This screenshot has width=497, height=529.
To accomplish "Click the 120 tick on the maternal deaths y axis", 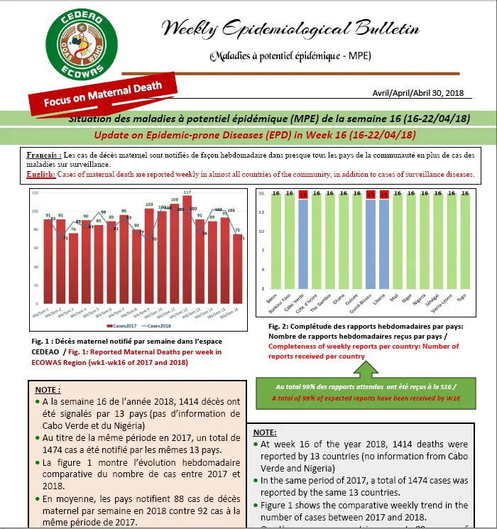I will [x=37, y=192].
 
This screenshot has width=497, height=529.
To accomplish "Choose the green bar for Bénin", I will [x=271, y=241].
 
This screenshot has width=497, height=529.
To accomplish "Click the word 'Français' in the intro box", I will [x=42, y=154].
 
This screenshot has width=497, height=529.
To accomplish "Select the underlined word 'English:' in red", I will [x=40, y=174].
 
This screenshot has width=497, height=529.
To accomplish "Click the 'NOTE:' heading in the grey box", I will [x=265, y=431].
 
